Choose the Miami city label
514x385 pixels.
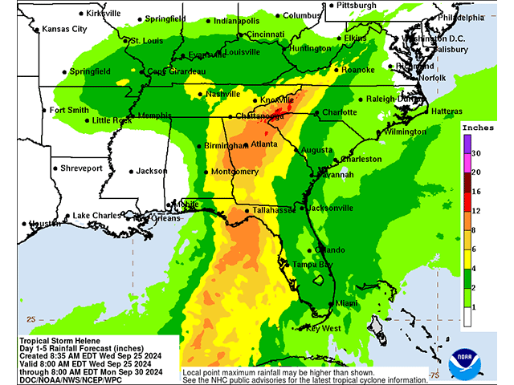click(347, 303)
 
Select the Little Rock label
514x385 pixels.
click(112, 120)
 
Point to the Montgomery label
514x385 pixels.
click(236, 172)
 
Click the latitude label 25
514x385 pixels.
click(31, 318)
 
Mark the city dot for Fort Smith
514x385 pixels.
click(44, 111)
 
